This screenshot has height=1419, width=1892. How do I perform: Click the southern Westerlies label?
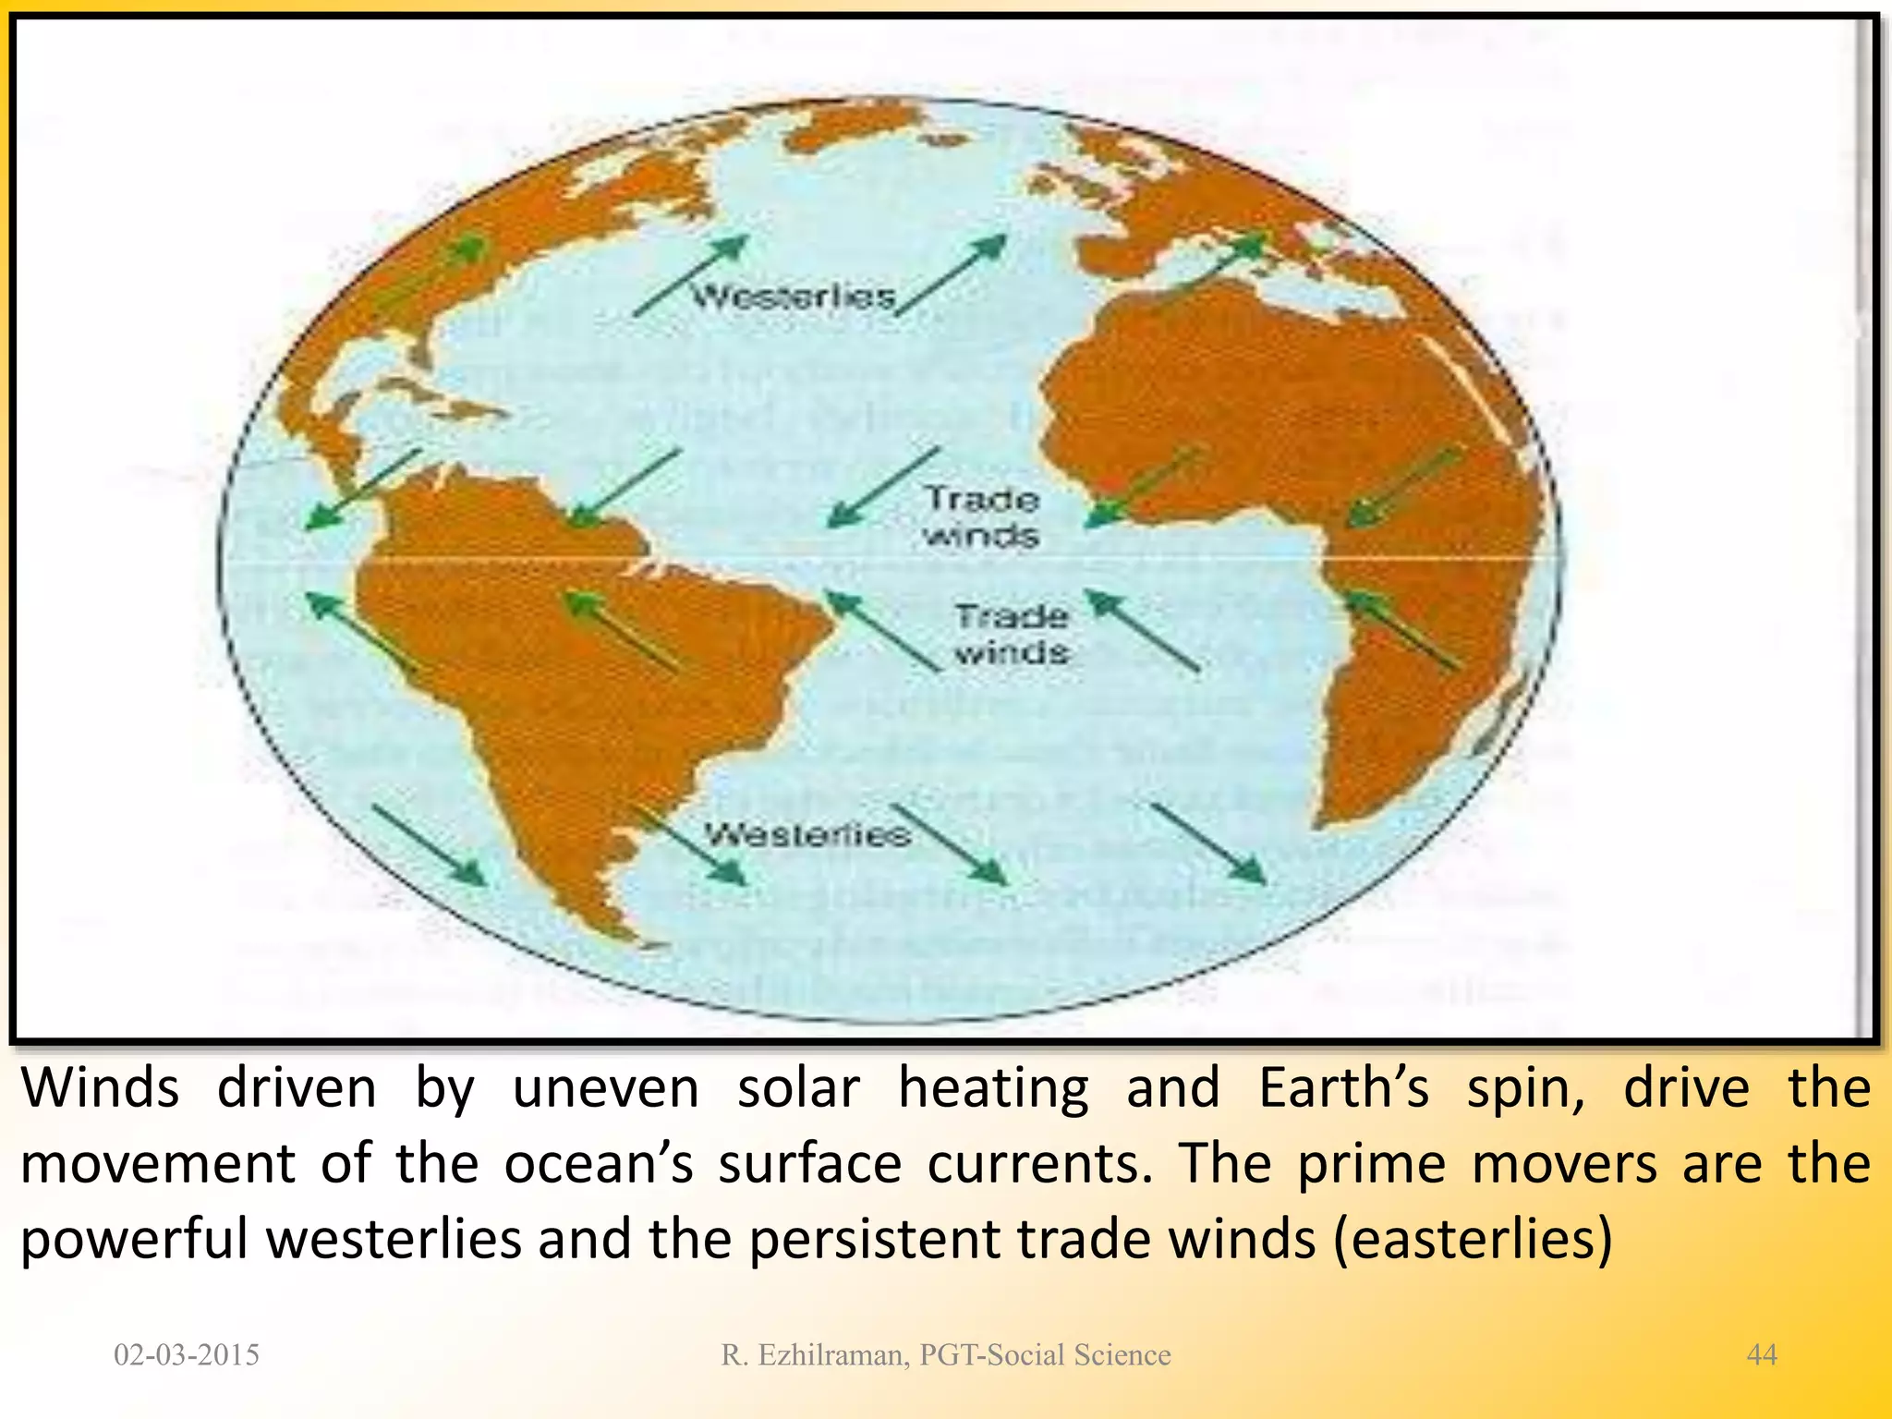click(807, 835)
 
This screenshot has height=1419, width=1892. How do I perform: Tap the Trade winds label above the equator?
click(982, 517)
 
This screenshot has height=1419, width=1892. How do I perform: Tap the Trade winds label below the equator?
click(1012, 635)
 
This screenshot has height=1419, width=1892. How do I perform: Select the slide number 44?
click(1761, 1354)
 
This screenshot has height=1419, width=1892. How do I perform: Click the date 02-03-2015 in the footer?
click(187, 1354)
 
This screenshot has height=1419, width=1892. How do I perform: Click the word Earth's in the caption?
click(1343, 1088)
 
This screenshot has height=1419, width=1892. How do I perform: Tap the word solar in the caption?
click(798, 1088)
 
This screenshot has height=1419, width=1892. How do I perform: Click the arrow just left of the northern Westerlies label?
click(690, 275)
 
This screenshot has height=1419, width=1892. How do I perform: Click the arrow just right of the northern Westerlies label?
click(951, 274)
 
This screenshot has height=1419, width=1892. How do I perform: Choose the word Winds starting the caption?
click(100, 1088)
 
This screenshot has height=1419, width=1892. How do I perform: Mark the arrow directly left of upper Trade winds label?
click(882, 488)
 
